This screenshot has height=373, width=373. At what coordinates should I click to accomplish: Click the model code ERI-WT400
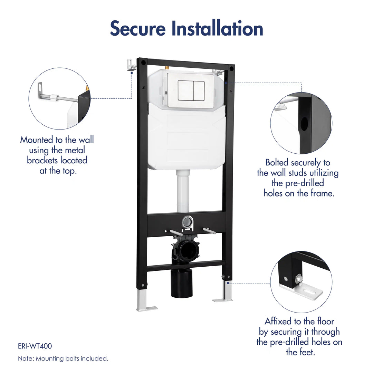coord(35,346)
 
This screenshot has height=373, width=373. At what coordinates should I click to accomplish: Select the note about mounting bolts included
coord(63,359)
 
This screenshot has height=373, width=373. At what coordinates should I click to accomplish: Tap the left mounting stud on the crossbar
coord(176,232)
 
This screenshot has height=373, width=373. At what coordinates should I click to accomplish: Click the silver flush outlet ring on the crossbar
coord(187,221)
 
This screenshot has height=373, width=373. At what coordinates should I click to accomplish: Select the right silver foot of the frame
coord(224,292)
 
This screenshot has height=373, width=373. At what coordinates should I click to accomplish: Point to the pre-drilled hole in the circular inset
coord(304,124)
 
